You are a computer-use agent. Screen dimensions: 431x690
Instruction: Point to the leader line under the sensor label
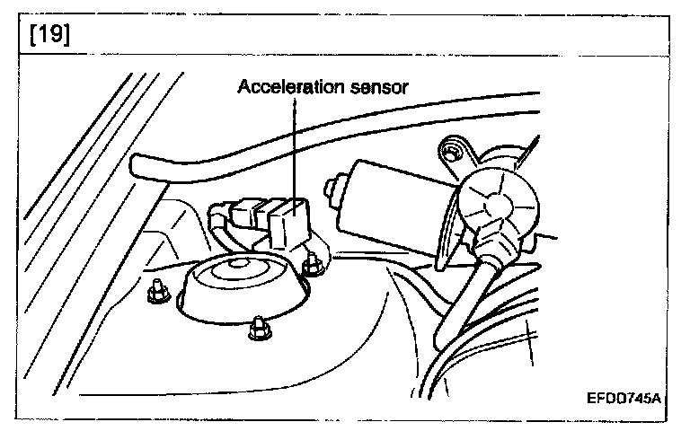(293, 144)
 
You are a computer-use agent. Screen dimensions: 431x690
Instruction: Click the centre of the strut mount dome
(239, 266)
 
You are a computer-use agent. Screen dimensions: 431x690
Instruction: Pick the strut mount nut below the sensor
(313, 263)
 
